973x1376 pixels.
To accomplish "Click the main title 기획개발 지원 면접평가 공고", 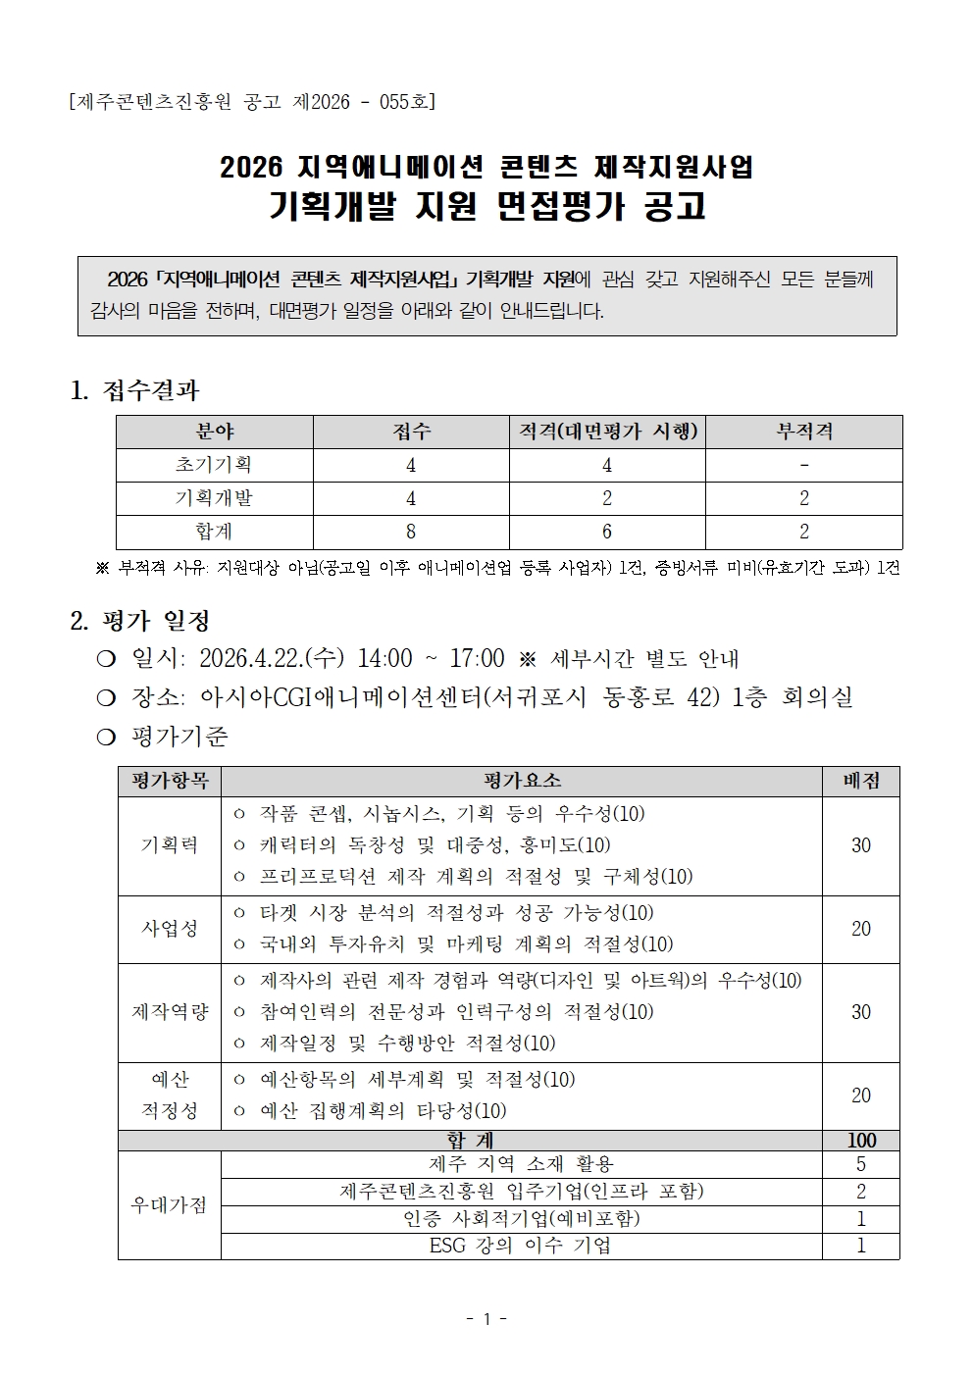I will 486,207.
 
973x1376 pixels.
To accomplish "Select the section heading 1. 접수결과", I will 134,390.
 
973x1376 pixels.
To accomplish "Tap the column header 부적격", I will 803,432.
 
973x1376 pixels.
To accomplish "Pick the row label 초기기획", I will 214,465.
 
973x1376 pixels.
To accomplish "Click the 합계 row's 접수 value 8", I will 411,532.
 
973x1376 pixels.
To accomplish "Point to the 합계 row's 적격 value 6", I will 607,532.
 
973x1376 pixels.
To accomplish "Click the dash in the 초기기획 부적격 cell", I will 804,465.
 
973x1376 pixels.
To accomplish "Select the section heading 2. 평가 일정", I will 140,621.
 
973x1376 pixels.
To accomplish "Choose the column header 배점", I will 860,781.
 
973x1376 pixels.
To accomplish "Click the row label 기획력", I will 170,845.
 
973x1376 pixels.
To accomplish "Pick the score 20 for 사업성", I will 860,929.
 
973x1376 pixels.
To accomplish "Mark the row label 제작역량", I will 170,1012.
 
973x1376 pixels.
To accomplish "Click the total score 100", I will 860,1141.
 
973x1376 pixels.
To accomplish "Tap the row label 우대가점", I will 170,1205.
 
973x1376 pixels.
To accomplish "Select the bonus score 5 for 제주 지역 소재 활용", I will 860,1164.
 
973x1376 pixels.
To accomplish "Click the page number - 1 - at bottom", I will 486,1319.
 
